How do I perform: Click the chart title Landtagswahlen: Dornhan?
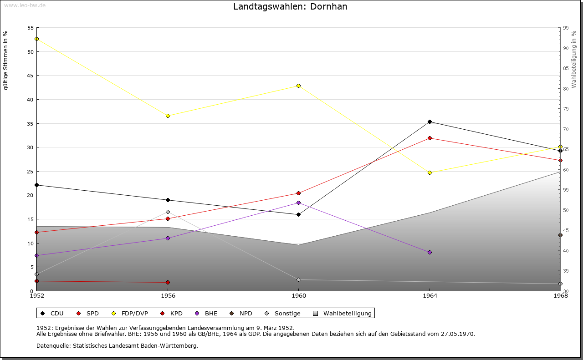tap(290, 6)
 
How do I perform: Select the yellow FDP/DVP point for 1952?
tap(36, 39)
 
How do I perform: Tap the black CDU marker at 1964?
tap(430, 122)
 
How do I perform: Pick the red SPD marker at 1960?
tap(298, 193)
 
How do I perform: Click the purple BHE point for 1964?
tap(430, 252)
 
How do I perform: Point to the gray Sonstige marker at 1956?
tap(168, 212)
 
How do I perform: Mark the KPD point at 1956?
tap(168, 282)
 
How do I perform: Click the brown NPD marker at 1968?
tap(560, 235)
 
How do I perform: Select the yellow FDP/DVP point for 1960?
tap(298, 86)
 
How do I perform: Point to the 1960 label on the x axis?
tap(298, 296)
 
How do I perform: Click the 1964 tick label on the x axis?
tap(430, 296)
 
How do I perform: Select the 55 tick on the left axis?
tap(31, 28)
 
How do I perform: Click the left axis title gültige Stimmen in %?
tap(5, 60)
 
